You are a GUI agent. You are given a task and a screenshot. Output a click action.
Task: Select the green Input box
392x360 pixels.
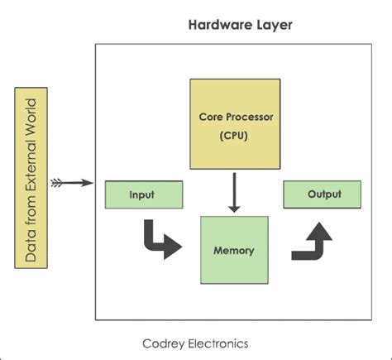click(143, 195)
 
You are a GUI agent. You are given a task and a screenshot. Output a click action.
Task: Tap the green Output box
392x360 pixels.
click(324, 195)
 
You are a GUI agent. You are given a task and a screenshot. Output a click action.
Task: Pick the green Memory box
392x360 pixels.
click(234, 250)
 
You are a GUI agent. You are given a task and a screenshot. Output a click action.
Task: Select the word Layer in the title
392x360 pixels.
click(274, 25)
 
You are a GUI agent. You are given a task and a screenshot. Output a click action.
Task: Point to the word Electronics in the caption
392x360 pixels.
click(218, 343)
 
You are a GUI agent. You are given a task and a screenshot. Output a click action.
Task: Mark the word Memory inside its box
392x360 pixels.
click(234, 250)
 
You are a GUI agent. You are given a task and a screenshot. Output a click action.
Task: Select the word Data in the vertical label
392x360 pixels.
click(31, 251)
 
